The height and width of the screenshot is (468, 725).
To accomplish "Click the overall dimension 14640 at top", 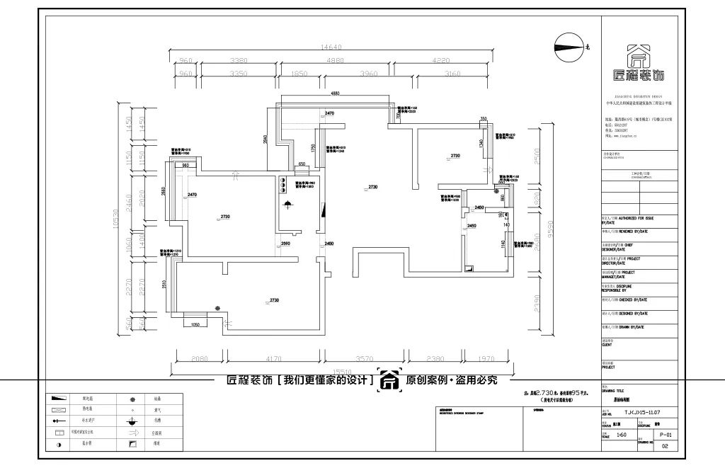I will pyautogui.click(x=331, y=47).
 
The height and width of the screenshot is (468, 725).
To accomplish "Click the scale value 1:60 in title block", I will pyautogui.click(x=622, y=435).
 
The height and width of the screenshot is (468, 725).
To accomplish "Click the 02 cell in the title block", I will pyautogui.click(x=664, y=446).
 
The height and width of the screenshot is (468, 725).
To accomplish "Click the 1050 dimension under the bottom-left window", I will pyautogui.click(x=198, y=324).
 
